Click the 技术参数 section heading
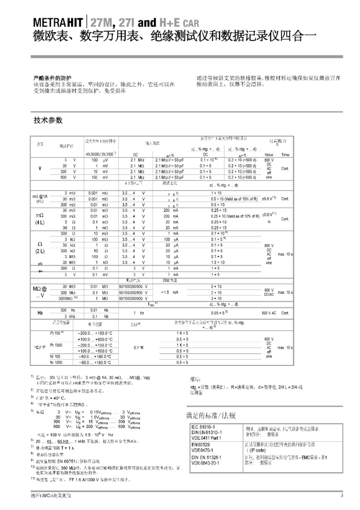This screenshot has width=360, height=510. click(x=48, y=120)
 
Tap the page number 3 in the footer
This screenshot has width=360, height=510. click(x=342, y=496)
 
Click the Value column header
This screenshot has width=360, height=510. click(x=269, y=155)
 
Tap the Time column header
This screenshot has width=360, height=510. click(x=285, y=155)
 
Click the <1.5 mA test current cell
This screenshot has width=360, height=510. click(x=169, y=292)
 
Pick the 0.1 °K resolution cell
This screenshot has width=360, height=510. click(x=138, y=347)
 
